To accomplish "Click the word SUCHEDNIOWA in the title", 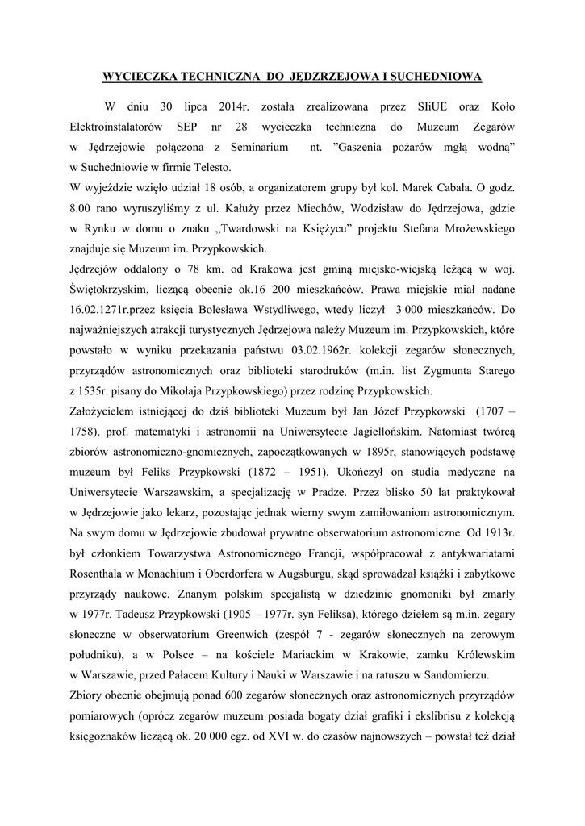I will (x=437, y=77).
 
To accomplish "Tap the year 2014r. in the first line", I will (x=236, y=106).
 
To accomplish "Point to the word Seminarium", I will (x=259, y=148).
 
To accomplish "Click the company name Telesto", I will (x=211, y=168).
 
